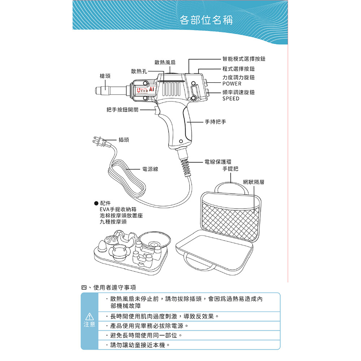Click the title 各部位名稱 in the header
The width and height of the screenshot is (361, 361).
click(x=206, y=20)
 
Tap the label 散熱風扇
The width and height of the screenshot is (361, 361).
click(x=165, y=62)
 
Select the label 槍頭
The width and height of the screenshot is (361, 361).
click(x=105, y=76)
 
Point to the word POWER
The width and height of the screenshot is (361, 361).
click(x=232, y=84)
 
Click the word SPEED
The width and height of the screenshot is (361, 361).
click(x=231, y=99)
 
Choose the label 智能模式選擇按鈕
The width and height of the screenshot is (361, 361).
click(x=244, y=59)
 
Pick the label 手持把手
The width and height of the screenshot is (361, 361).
click(x=216, y=122)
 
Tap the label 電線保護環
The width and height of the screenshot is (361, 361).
click(x=218, y=162)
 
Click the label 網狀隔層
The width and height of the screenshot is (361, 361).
click(x=253, y=182)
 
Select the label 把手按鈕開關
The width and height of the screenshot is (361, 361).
click(x=122, y=110)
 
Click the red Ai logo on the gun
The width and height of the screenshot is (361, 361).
click(x=151, y=89)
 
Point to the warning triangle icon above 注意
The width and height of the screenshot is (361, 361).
click(x=89, y=316)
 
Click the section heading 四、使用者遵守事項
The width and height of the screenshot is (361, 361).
click(x=108, y=288)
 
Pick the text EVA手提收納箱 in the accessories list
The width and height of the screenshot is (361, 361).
click(x=118, y=209)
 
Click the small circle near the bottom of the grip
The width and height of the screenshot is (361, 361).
click(x=181, y=141)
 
